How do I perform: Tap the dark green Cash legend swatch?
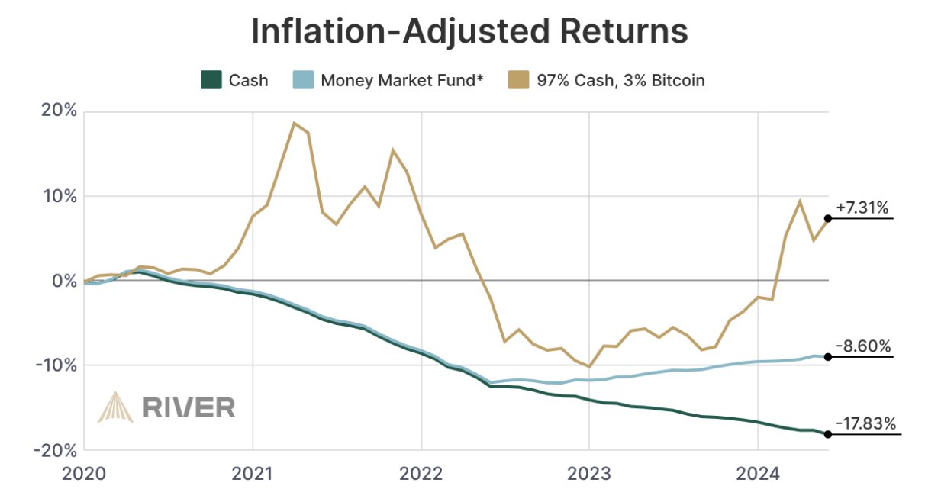tap(211, 80)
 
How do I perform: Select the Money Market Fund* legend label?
tap(402, 80)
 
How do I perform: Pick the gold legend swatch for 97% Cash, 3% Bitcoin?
tap(520, 80)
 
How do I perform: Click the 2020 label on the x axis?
tap(84, 474)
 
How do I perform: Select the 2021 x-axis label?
tap(253, 474)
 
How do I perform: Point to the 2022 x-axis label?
tap(421, 474)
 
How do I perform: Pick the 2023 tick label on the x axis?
tap(589, 474)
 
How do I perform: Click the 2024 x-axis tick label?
tap(757, 474)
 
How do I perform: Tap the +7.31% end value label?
tap(865, 208)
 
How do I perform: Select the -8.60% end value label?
tap(865, 346)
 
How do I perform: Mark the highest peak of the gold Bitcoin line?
tap(294, 123)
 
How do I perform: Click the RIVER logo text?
tap(189, 407)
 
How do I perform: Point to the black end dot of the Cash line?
tap(828, 434)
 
